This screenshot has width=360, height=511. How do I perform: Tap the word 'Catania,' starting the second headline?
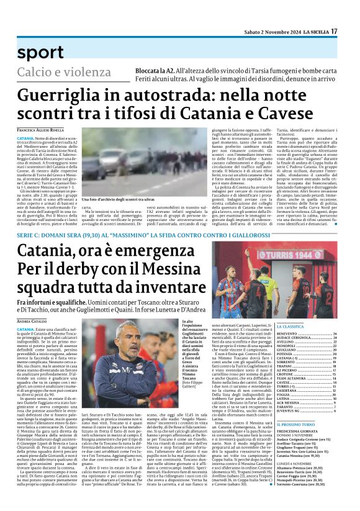47,252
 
